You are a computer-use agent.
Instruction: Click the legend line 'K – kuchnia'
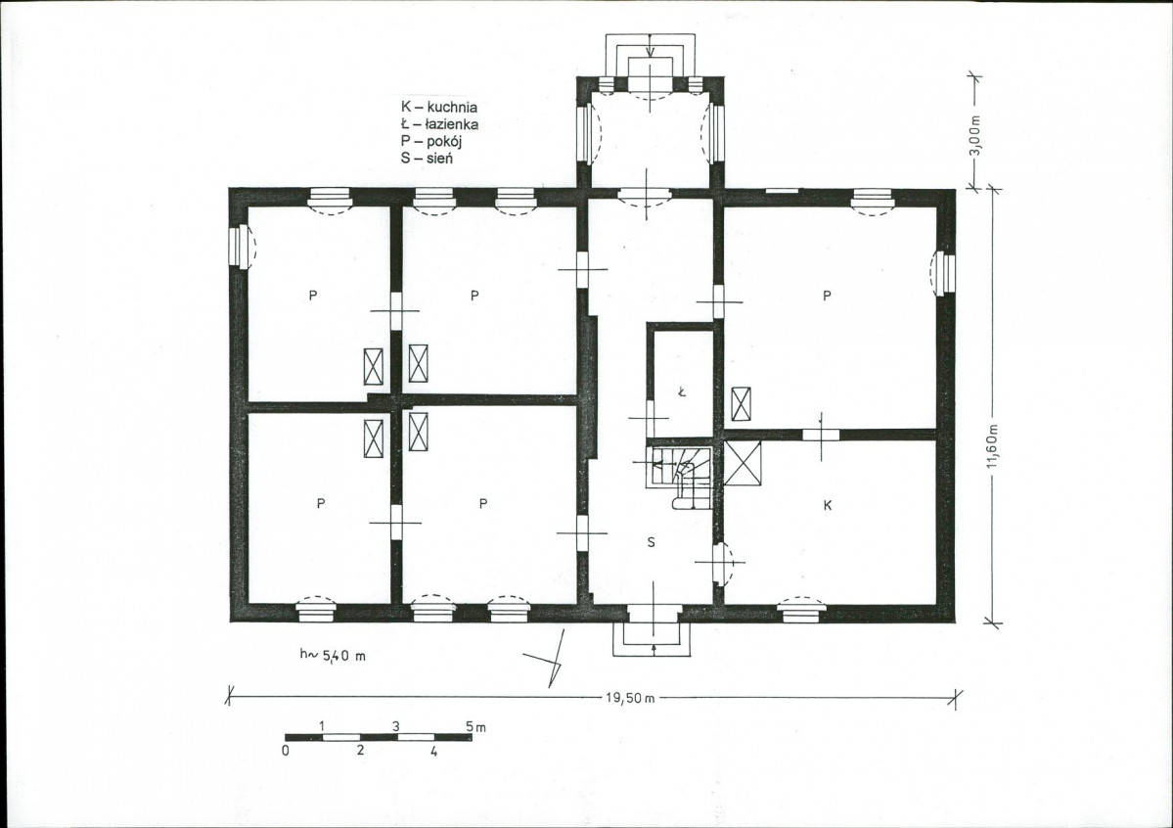click(439, 107)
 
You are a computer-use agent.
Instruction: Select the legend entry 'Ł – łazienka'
click(439, 124)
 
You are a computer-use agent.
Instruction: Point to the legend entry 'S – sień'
click(427, 158)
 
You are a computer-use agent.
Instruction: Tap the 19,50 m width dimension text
click(630, 698)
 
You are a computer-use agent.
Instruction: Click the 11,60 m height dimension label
click(992, 446)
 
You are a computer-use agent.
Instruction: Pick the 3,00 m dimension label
click(974, 135)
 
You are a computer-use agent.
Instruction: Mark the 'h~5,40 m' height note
click(333, 656)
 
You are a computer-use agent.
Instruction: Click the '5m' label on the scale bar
click(475, 726)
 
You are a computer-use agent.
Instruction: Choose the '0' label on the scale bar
click(286, 750)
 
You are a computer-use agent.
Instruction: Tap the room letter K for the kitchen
click(828, 505)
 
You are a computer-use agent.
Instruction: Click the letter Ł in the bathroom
click(682, 391)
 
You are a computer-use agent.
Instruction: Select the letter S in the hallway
click(651, 542)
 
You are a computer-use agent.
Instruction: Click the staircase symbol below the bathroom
click(679, 478)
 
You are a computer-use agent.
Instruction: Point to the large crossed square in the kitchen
click(743, 463)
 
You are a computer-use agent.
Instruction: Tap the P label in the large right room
click(827, 296)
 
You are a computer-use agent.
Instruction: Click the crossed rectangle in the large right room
click(741, 404)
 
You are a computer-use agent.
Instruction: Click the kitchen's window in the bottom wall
click(801, 609)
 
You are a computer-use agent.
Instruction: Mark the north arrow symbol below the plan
click(549, 659)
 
